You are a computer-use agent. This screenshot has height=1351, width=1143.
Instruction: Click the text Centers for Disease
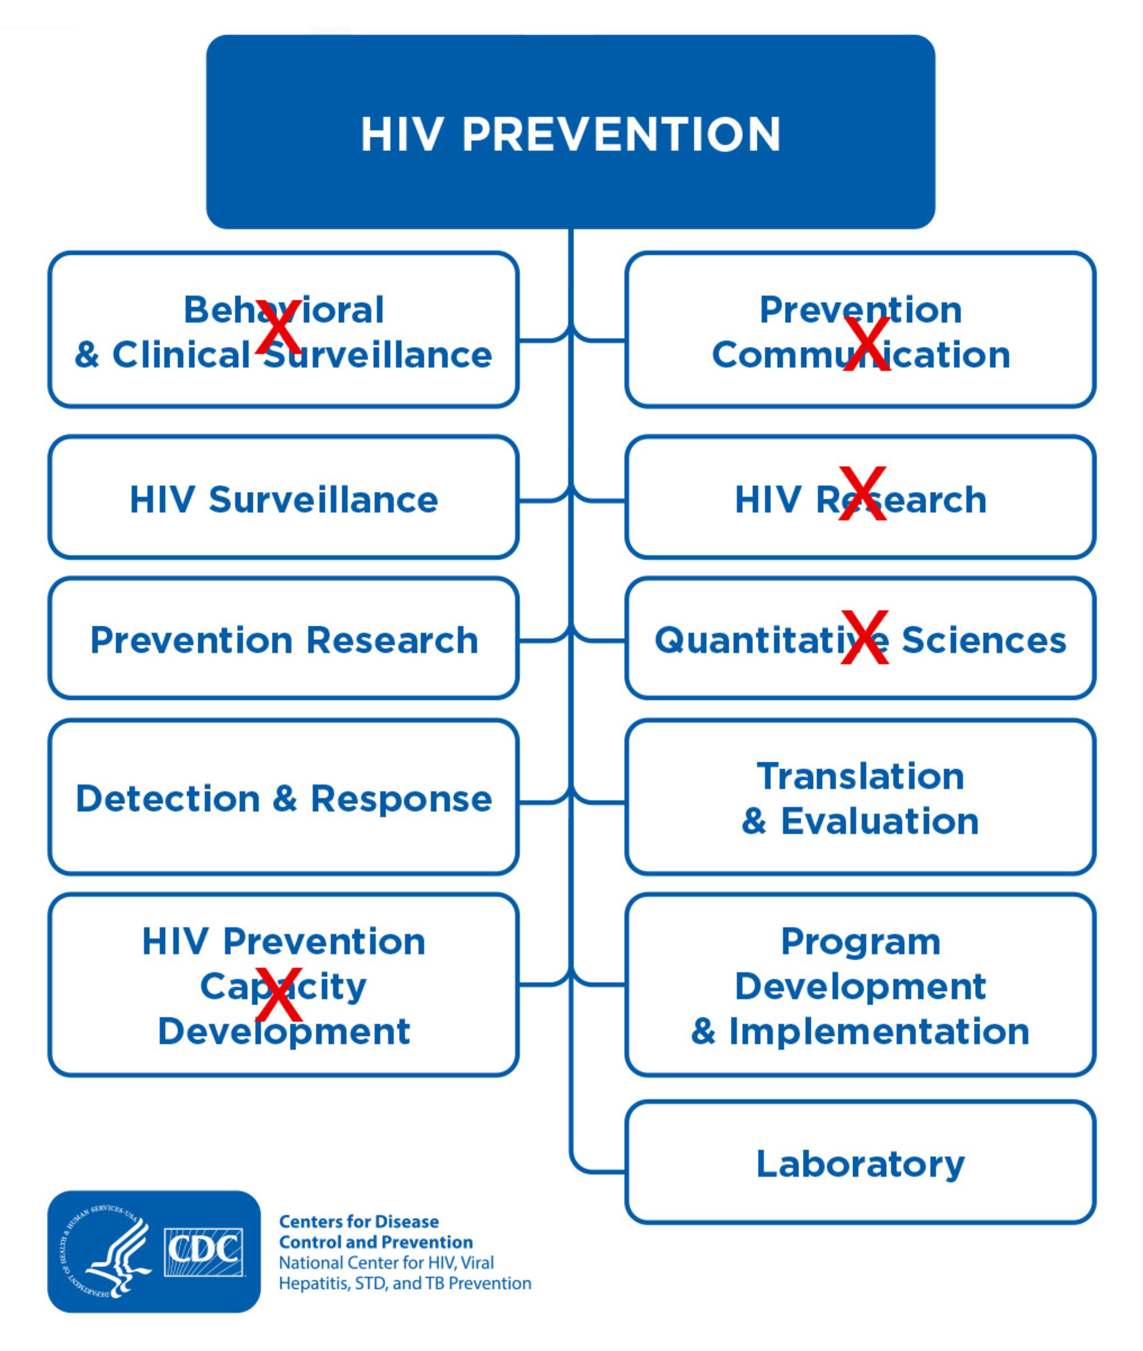coord(358,1222)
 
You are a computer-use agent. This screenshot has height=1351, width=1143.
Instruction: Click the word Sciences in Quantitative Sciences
coord(983,640)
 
